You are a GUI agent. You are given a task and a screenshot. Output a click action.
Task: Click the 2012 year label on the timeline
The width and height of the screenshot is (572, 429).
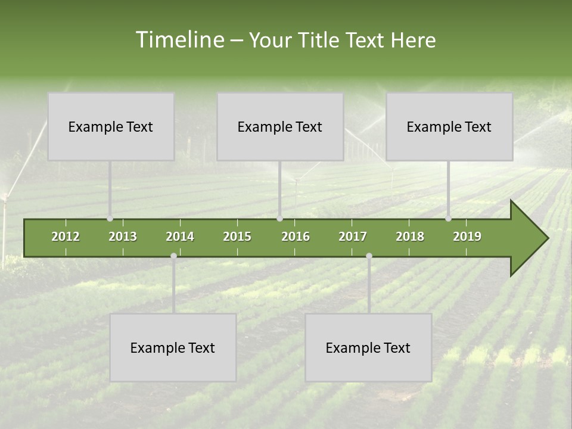coord(66,237)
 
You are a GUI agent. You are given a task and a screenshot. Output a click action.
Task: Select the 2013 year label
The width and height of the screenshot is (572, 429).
coord(123,237)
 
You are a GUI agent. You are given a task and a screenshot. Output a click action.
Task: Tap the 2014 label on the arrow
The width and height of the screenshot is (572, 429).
coord(180,237)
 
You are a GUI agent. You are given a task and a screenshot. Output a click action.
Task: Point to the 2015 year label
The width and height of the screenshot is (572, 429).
coord(237,237)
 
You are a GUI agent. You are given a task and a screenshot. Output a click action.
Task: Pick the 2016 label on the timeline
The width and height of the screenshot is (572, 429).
coord(296,237)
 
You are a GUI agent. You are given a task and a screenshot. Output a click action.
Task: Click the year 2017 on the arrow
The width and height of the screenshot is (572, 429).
coord(353,237)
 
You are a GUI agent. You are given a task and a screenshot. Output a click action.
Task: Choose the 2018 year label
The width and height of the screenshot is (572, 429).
coord(410,237)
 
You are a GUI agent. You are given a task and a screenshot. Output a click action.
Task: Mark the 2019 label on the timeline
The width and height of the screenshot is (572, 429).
coord(467,237)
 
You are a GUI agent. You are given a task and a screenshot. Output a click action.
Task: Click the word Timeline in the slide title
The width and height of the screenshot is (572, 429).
coord(179,40)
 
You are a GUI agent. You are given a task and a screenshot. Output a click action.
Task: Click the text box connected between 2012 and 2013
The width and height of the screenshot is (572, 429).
coord(111,126)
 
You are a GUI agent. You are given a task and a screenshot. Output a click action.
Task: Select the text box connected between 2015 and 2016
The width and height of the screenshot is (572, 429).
coord(280,126)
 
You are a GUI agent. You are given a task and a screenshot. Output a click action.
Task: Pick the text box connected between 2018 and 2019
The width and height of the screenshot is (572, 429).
coord(449,126)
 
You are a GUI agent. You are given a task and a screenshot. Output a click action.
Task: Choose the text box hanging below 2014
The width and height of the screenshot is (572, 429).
coord(173,347)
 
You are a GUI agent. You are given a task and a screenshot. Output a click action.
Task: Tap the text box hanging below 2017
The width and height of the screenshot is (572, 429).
coord(368,347)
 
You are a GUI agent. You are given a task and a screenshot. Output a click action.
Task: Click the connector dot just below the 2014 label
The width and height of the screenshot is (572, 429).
coord(173,256)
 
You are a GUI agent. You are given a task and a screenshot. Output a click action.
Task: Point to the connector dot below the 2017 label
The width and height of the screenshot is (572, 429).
coord(369,256)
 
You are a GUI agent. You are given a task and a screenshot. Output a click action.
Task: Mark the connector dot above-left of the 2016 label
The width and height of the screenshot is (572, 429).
coord(279,219)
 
